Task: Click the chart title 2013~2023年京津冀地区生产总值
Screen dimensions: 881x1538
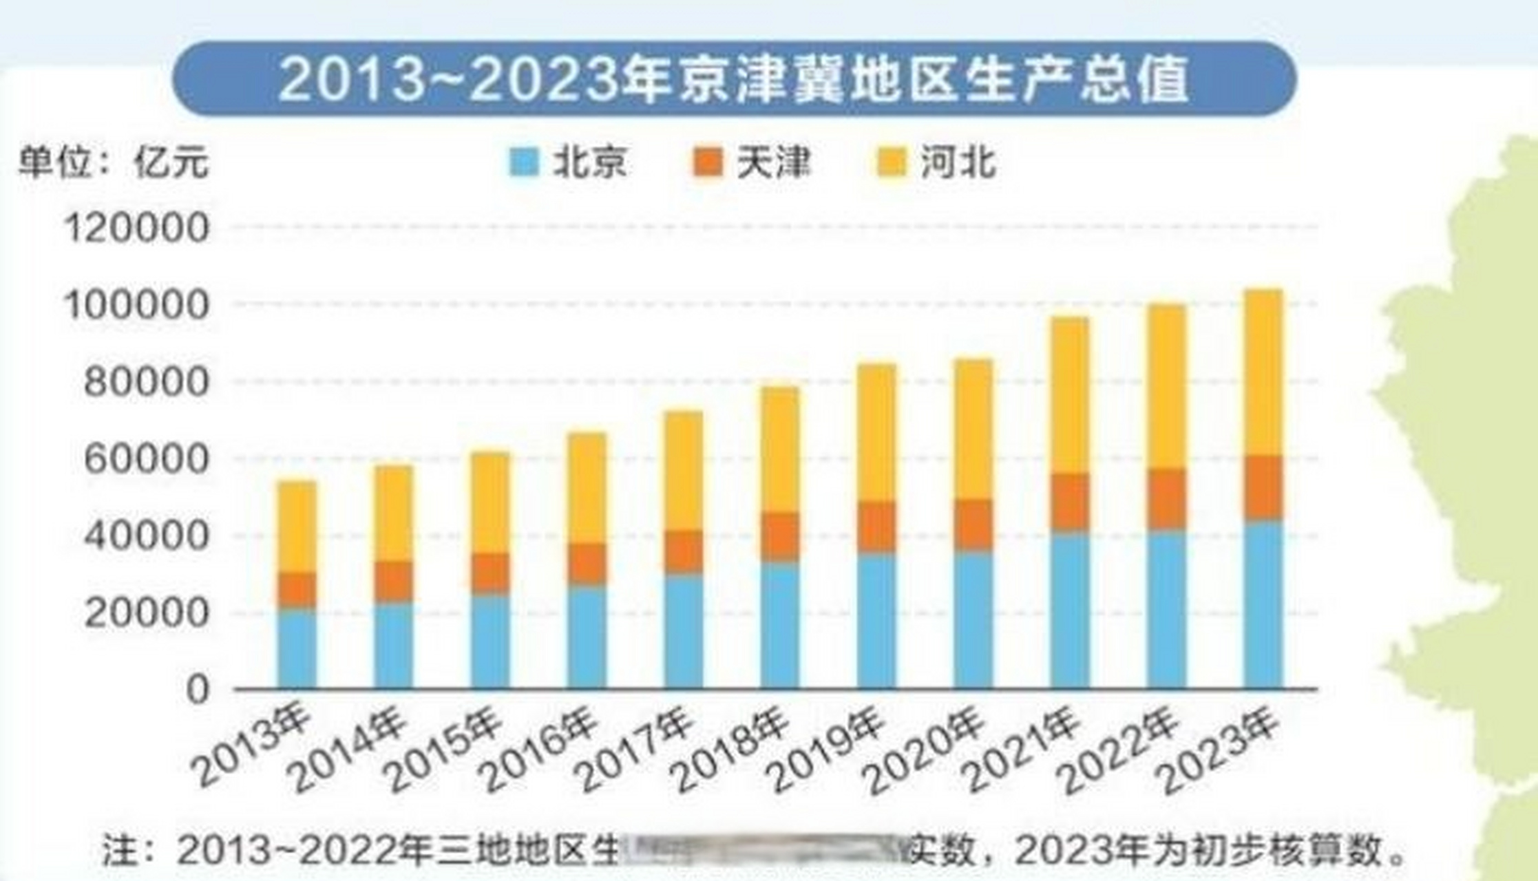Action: point(734,79)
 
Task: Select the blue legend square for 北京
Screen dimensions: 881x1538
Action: point(523,163)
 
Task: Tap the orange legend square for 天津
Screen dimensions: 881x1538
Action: point(708,163)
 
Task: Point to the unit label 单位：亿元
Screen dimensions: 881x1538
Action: point(113,163)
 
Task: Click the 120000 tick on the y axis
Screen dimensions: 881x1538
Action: point(136,227)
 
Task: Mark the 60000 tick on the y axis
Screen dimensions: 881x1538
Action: point(145,459)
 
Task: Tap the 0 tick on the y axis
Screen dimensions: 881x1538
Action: point(198,689)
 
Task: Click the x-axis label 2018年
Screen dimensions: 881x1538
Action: point(734,750)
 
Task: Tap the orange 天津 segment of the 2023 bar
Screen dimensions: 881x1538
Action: point(1263,487)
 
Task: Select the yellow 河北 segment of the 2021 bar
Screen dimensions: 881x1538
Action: point(1070,396)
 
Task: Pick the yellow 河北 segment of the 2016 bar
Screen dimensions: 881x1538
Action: point(587,489)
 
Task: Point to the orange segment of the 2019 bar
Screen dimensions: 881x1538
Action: point(876,527)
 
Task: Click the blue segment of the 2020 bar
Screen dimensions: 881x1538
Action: point(973,619)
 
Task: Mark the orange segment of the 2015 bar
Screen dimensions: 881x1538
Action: point(490,573)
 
